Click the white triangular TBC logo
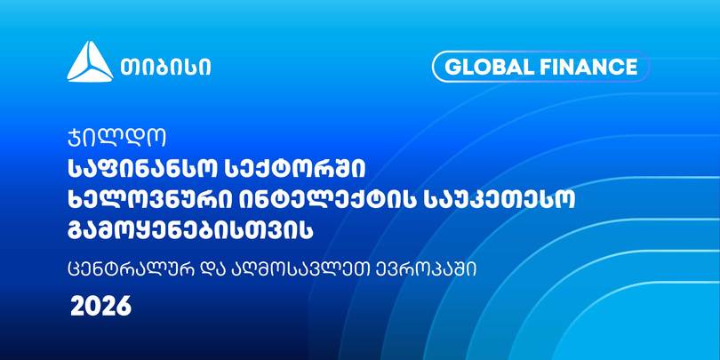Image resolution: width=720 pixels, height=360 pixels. (x=90, y=62)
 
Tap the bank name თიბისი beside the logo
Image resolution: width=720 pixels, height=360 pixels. (x=166, y=68)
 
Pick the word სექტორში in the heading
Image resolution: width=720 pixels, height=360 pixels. (x=294, y=171)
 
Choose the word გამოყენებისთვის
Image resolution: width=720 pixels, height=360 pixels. (x=190, y=230)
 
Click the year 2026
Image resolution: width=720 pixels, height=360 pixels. (x=101, y=307)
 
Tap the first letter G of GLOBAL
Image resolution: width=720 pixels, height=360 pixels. (x=452, y=67)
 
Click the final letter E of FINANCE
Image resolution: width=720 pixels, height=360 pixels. (x=631, y=67)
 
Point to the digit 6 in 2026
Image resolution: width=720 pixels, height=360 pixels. (x=124, y=307)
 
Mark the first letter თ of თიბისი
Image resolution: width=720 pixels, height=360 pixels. (x=130, y=68)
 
